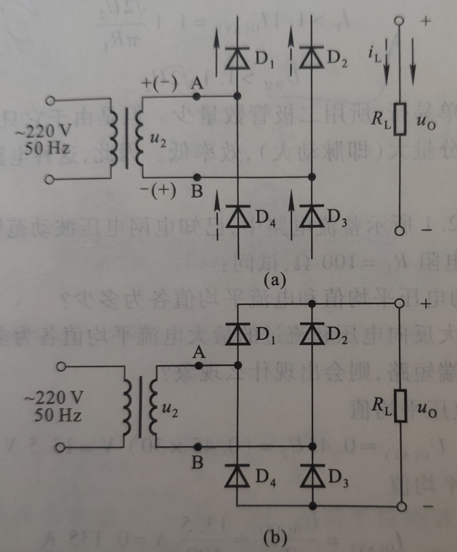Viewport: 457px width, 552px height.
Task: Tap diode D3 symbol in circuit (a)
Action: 312,216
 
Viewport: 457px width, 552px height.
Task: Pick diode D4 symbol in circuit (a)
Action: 238,216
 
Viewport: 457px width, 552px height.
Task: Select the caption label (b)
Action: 276,537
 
